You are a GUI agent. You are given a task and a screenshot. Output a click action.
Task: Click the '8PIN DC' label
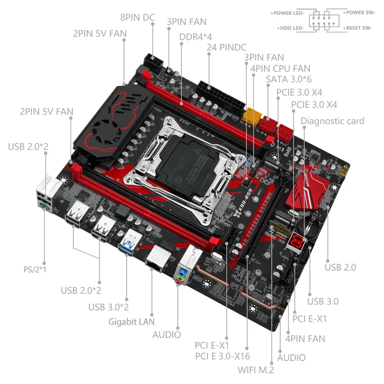click(x=138, y=17)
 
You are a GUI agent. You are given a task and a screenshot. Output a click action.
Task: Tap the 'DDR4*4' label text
click(x=196, y=37)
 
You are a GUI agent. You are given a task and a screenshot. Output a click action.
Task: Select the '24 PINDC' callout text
click(x=226, y=47)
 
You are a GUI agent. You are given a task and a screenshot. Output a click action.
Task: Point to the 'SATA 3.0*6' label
click(x=289, y=79)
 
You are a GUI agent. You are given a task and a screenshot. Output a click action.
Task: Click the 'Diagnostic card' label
click(x=332, y=121)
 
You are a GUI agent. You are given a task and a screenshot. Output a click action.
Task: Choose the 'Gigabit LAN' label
click(x=132, y=322)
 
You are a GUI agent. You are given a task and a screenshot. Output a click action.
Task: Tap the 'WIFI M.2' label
click(x=256, y=370)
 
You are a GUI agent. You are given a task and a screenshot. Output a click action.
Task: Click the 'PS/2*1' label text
click(x=35, y=269)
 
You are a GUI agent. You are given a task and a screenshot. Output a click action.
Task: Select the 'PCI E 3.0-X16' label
click(x=223, y=356)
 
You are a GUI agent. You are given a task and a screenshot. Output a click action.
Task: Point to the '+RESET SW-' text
click(x=357, y=28)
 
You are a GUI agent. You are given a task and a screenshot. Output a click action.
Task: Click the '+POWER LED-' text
click(x=287, y=13)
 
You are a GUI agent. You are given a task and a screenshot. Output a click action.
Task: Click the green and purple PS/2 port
click(x=44, y=208)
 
